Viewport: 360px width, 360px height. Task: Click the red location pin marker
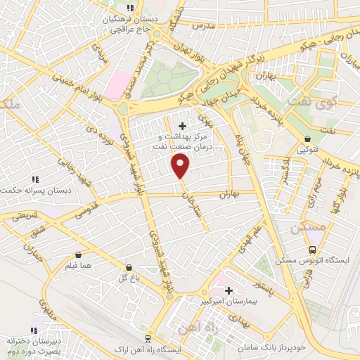click(x=181, y=167)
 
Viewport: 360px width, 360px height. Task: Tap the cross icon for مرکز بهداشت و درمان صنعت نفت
click(x=183, y=125)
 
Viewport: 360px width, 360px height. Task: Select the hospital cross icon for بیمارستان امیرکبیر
click(x=229, y=290)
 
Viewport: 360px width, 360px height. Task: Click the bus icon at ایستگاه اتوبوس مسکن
click(x=312, y=250)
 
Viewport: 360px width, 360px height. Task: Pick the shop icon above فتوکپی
click(x=308, y=139)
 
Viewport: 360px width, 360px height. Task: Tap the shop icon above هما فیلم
click(x=77, y=255)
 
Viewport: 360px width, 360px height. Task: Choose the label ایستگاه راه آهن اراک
click(x=148, y=349)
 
